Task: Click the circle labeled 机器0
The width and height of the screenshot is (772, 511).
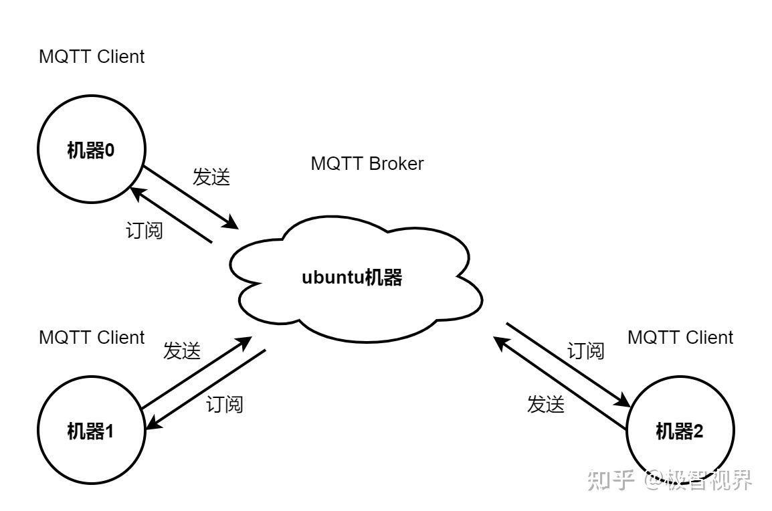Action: click(91, 150)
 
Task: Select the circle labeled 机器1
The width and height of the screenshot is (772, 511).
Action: click(91, 431)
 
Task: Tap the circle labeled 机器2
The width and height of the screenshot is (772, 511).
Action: click(680, 431)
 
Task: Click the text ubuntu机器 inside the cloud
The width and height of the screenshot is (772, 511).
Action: click(352, 278)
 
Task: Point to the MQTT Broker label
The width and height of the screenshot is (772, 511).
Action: click(367, 164)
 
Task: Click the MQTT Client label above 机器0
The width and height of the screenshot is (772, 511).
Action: click(92, 57)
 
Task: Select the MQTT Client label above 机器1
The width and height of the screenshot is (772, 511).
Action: click(92, 338)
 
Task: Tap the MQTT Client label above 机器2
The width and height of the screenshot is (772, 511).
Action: click(680, 338)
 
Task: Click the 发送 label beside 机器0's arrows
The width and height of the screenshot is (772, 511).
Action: click(211, 177)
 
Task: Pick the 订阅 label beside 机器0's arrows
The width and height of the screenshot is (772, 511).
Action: click(144, 231)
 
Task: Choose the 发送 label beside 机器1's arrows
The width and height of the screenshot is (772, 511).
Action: click(182, 351)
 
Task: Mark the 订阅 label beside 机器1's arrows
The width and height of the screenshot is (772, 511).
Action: click(225, 404)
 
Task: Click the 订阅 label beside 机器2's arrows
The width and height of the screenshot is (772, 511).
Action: click(586, 351)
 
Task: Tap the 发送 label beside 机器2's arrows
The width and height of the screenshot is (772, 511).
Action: click(546, 404)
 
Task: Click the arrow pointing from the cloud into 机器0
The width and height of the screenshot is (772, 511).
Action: click(171, 215)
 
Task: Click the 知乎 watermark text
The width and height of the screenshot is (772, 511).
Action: click(610, 480)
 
